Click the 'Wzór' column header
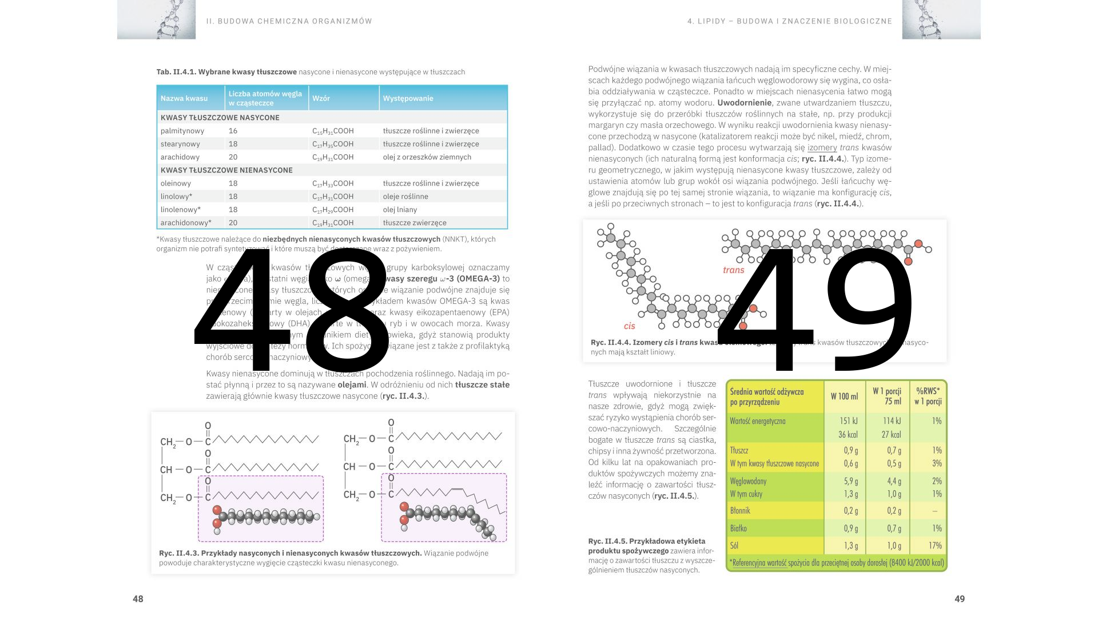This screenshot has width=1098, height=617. click(321, 98)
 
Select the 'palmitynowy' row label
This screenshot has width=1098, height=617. click(182, 131)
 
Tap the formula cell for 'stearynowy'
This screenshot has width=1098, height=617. click(333, 144)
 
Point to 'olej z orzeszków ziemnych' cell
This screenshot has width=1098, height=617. click(427, 157)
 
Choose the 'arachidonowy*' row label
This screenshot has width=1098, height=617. click(186, 223)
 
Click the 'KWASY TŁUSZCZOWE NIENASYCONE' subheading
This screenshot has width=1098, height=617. click(226, 170)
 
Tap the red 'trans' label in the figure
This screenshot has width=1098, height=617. click(734, 270)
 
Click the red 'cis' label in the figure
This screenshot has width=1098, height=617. click(629, 326)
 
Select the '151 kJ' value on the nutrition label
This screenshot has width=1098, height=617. click(848, 421)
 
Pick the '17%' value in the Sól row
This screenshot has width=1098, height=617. click(935, 546)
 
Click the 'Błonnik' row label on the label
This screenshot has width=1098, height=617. click(740, 511)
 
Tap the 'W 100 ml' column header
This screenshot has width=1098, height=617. click(844, 396)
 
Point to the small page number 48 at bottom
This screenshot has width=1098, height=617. click(138, 599)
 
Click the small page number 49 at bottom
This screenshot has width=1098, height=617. click(960, 599)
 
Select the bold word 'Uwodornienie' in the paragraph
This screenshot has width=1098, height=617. click(744, 103)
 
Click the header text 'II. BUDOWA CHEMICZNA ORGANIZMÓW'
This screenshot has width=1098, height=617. click(289, 21)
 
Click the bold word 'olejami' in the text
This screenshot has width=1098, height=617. click(352, 385)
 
